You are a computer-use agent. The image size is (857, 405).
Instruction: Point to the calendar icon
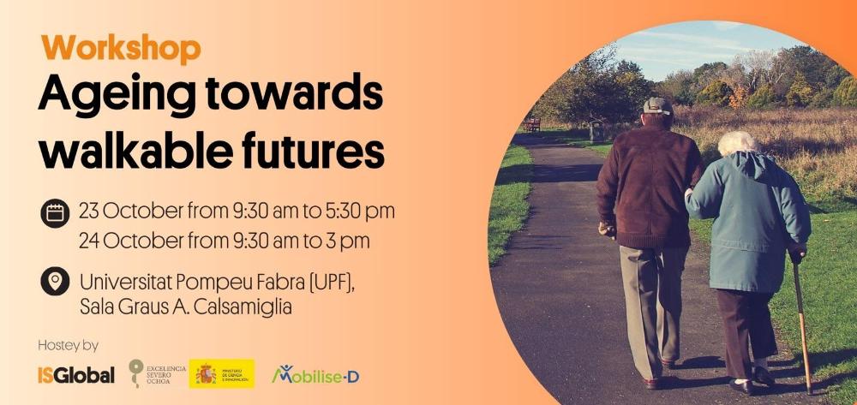tap(55, 211)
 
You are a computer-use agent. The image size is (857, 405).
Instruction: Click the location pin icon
tap(55, 281)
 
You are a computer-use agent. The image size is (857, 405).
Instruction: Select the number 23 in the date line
tap(88, 211)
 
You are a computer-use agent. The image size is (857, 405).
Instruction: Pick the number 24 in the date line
tap(89, 241)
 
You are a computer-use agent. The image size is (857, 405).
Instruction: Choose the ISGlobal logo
tap(75, 375)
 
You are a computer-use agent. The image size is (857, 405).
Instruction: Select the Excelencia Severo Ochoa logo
tap(156, 372)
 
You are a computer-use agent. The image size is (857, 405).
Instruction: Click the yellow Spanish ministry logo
tap(222, 373)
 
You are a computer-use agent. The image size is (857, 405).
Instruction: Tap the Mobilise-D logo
tap(315, 374)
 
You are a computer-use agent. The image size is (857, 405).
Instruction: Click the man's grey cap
tap(658, 106)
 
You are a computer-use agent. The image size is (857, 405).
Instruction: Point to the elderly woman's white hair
tap(736, 142)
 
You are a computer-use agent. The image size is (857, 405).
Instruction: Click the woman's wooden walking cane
tap(803, 325)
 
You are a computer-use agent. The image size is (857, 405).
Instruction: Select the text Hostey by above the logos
tap(68, 345)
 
